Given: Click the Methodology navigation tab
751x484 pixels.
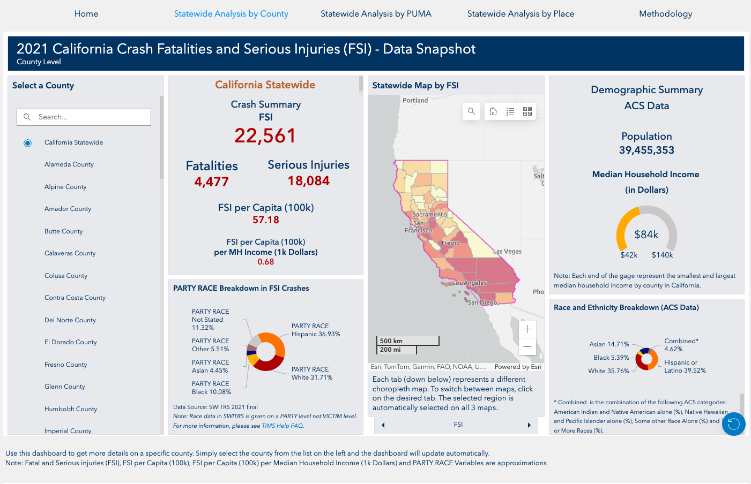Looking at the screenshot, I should [665, 14].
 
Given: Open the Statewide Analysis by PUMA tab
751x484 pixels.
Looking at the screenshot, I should [376, 14].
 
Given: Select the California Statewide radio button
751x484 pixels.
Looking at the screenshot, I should [28, 143].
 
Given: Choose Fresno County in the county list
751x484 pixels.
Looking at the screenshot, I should [65, 365].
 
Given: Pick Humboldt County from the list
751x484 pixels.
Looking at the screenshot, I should [71, 409].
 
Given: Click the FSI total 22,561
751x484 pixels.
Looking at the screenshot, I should [265, 136].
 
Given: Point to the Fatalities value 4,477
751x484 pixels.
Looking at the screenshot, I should [211, 182].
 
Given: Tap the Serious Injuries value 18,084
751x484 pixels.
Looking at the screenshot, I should [308, 181].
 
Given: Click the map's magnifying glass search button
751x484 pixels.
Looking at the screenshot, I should [471, 111].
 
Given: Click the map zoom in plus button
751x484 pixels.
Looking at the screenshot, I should [527, 329].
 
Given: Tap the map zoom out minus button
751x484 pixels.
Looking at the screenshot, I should [527, 347].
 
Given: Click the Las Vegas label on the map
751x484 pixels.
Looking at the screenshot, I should [507, 252].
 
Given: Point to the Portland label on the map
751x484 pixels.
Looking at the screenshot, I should [415, 100].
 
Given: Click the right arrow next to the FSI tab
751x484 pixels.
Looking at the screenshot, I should [529, 425].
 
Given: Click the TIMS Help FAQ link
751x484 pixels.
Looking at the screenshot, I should [282, 426].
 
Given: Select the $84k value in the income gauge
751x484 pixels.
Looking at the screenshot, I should [646, 235].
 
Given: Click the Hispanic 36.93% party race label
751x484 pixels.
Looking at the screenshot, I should [316, 330].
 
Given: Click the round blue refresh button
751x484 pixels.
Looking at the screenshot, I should [733, 424].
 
